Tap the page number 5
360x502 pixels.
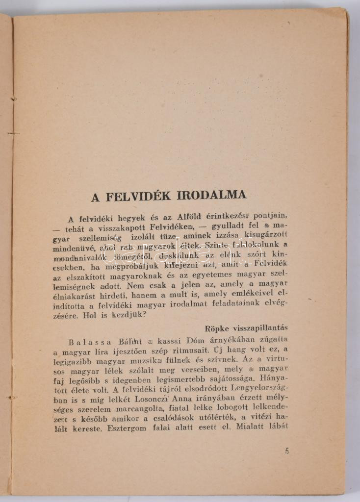tap(287, 451)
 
